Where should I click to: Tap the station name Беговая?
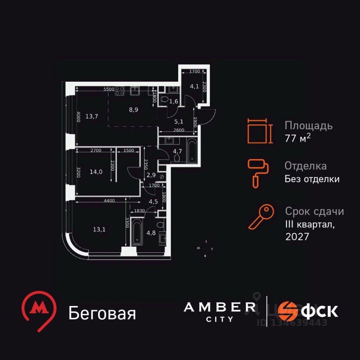coord(102,313)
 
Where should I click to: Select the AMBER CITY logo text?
coord(220,311)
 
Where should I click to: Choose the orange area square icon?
coord(259,131)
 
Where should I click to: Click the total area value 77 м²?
coord(298,138)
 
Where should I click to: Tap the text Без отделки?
coord(312,179)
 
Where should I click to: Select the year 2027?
coord(297,236)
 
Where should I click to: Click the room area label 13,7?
coord(91,116)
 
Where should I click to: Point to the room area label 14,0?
coord(96,172)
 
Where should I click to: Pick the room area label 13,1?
coord(99,230)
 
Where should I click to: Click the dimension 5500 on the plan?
coord(109,89)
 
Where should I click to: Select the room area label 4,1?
coord(194,86)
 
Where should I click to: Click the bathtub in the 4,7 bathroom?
coord(191,151)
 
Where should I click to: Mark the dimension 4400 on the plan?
coord(109,201)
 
